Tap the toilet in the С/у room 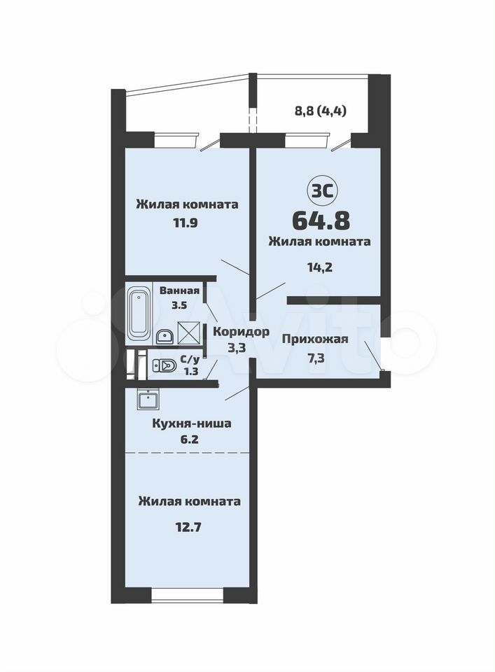(164, 365)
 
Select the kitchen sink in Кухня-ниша (148, 400)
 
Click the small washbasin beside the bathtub (163, 337)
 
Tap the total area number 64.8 (321, 220)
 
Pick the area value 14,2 (320, 267)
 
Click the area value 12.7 (188, 526)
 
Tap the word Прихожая (315, 339)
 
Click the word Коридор (242, 332)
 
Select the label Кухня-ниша (192, 423)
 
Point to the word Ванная (179, 291)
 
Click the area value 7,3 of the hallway (315, 358)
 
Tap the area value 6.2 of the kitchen (189, 440)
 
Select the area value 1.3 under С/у (190, 371)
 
